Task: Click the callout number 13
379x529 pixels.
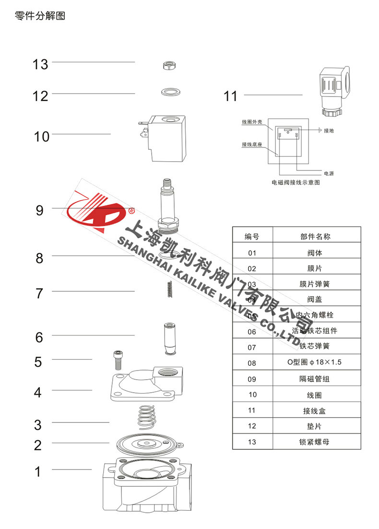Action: (x=40, y=64)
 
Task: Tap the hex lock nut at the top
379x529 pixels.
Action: (x=168, y=66)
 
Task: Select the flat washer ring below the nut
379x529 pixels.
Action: (x=168, y=91)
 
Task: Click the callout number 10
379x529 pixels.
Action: (x=42, y=137)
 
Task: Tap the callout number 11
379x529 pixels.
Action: (x=231, y=96)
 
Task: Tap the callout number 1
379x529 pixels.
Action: (x=38, y=472)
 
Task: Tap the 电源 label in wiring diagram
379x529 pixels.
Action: (x=329, y=173)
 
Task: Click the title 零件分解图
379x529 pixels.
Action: (x=39, y=16)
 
